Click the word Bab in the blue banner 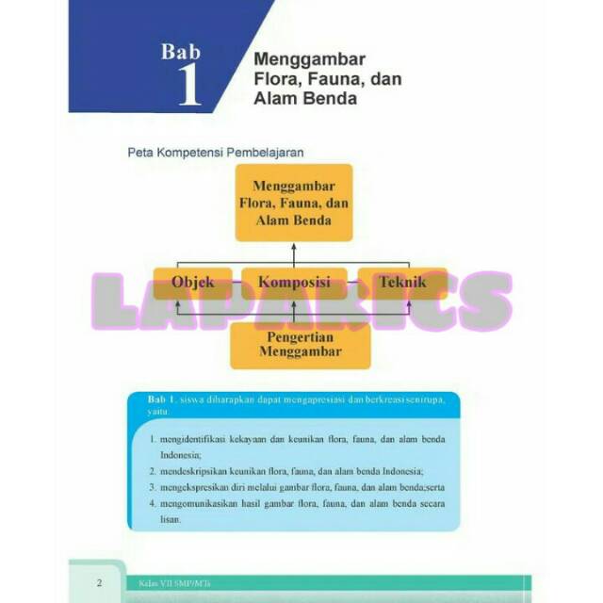(180, 52)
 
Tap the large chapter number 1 (188, 86)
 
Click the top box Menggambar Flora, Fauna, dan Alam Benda (293, 203)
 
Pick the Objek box (192, 283)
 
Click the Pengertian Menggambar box (300, 345)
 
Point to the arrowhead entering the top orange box (294, 247)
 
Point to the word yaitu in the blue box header (160, 412)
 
